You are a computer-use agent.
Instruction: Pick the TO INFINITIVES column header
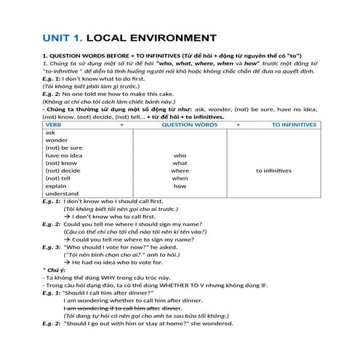point(295,125)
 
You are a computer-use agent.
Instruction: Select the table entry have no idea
point(63,155)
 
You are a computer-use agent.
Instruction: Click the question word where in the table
point(180,170)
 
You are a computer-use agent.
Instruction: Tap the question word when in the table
point(180,178)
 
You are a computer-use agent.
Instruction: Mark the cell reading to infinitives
point(273,170)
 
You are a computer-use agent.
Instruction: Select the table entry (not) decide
point(62,170)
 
